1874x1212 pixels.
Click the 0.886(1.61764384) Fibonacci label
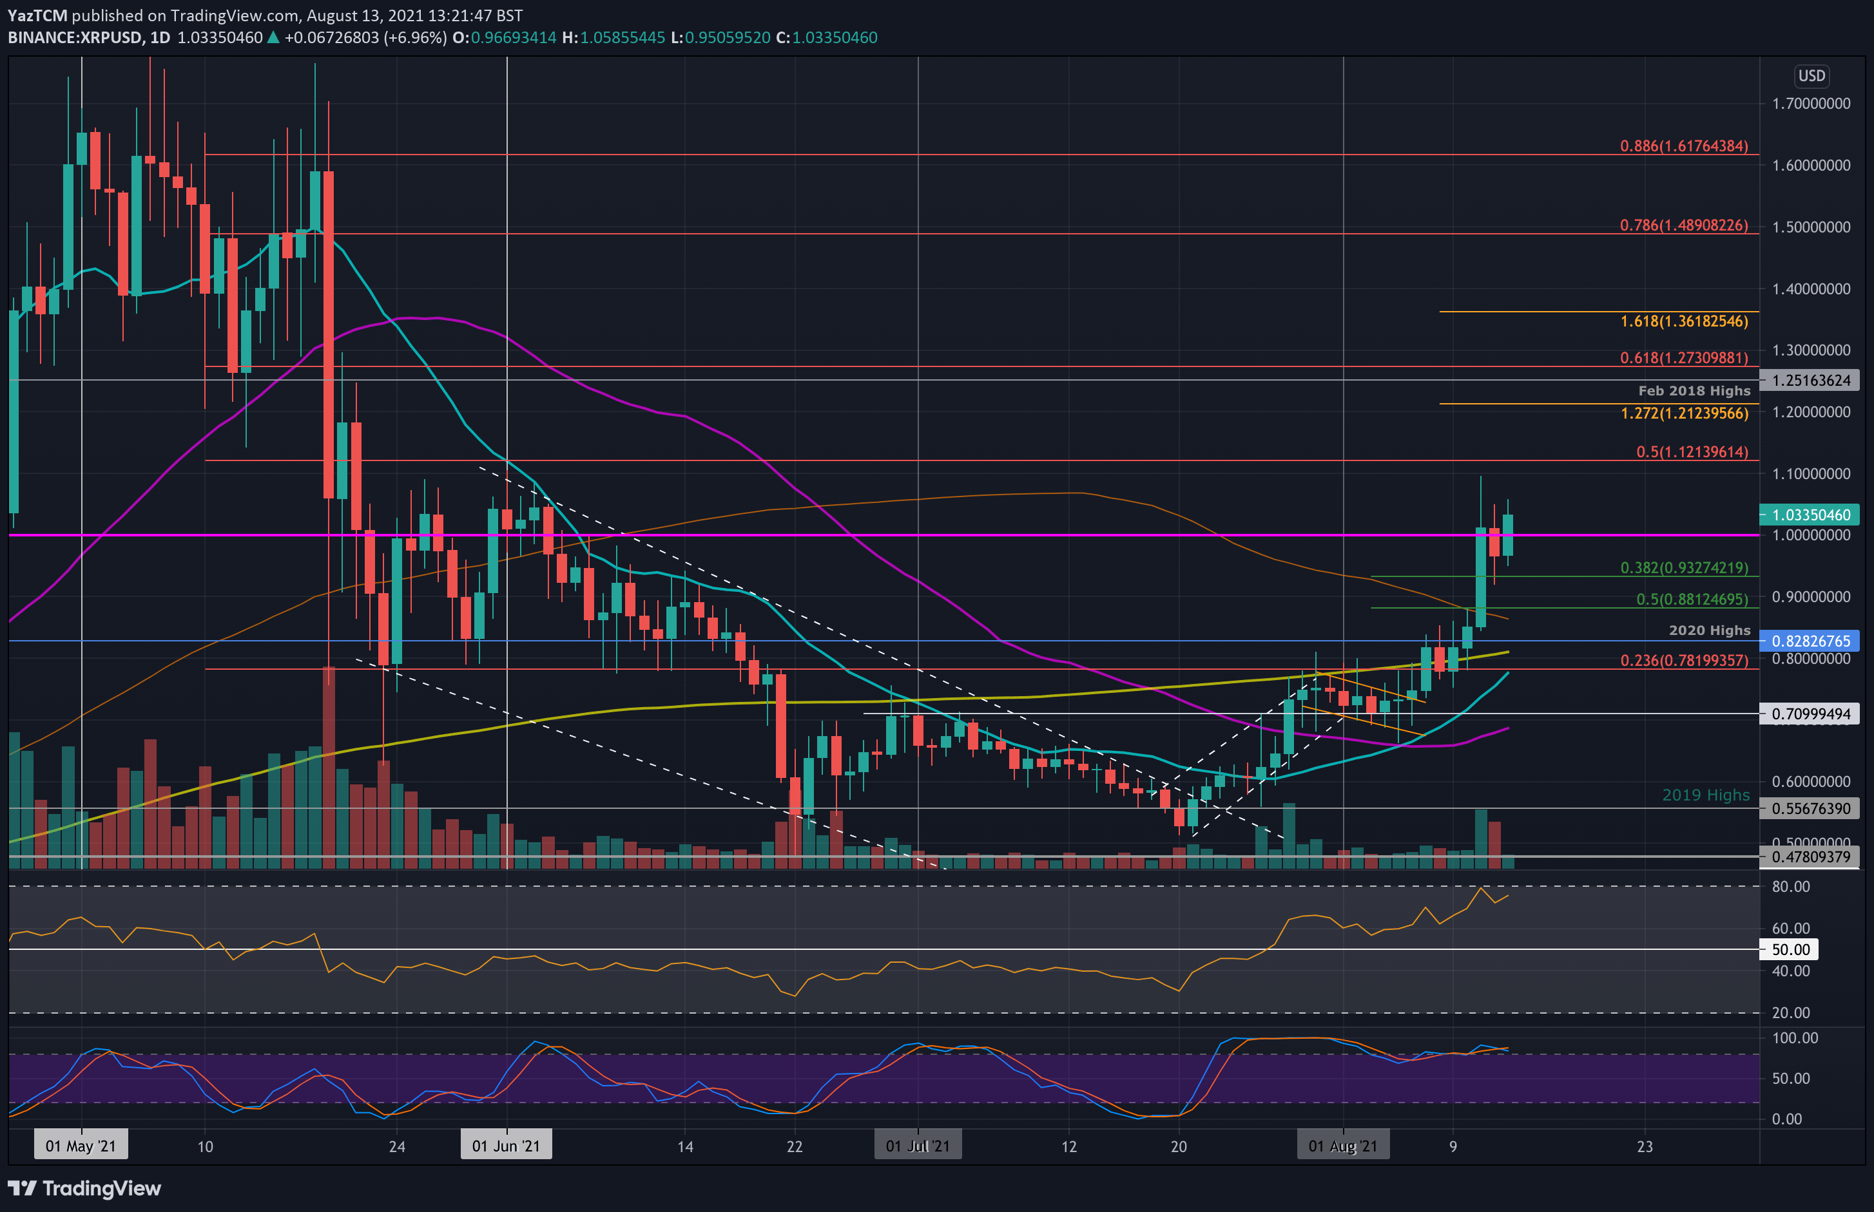(1683, 146)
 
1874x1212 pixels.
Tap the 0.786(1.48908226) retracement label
(1683, 225)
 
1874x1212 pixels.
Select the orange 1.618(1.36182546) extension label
(1683, 321)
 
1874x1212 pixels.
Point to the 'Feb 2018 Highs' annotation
(1694, 390)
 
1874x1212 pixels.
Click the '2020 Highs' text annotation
(1708, 630)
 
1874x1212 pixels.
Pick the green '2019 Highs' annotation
(1706, 795)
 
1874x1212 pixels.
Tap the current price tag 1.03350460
(1810, 515)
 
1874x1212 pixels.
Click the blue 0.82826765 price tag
(1810, 641)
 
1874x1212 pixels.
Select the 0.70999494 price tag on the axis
(1810, 714)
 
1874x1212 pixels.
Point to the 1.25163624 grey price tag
(1810, 380)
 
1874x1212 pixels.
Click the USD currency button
(1811, 75)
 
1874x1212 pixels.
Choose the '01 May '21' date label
(81, 1146)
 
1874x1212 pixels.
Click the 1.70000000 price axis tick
(1810, 104)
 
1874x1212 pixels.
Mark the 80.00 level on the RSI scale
(1790, 886)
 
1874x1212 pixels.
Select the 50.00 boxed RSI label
(1790, 949)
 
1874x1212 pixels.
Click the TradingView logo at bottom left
(84, 1188)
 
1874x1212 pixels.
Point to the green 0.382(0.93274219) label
(1683, 567)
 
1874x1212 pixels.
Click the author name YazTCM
(37, 15)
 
